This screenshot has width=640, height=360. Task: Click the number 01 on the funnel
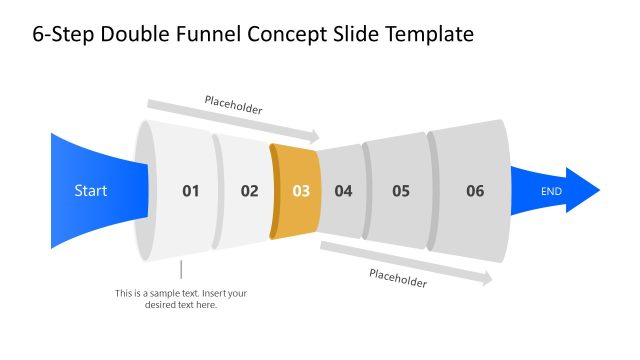tap(190, 190)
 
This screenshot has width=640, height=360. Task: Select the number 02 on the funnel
tap(249, 190)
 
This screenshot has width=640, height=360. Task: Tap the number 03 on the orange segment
tap(301, 190)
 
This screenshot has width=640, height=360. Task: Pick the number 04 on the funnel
tap(343, 190)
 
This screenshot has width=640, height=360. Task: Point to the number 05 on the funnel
tap(401, 190)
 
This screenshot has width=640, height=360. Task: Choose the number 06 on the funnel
tap(475, 190)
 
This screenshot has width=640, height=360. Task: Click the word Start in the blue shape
tap(91, 190)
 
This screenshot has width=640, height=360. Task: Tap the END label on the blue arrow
tap(552, 190)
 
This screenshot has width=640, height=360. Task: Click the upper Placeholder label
tap(233, 105)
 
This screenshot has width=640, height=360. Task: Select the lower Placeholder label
tap(398, 278)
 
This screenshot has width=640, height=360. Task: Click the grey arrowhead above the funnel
tap(315, 136)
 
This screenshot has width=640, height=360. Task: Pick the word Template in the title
tap(426, 34)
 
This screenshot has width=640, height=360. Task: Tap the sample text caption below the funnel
tap(181, 299)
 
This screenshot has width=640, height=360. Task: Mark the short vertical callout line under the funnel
tap(181, 269)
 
